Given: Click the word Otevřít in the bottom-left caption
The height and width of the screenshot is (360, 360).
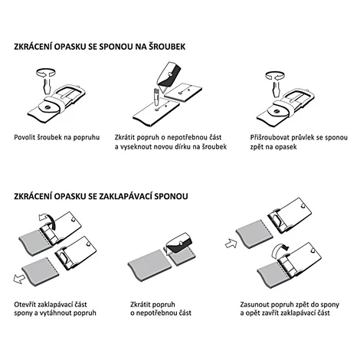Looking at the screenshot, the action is point(25,304).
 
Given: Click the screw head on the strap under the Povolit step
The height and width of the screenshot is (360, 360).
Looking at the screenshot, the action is point(47,108).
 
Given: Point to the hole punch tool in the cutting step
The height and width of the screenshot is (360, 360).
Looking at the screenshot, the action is point(155,97).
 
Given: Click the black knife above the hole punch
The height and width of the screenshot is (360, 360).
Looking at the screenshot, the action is point(169,74).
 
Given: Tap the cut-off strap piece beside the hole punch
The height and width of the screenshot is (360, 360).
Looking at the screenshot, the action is point(183,93).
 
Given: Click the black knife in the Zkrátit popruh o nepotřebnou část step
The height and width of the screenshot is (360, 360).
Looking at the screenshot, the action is point(180,243).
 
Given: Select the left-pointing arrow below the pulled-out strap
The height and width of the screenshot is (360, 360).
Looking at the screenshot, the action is point(19,279).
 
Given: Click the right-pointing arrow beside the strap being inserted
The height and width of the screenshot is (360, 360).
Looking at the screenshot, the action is point(231,244).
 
